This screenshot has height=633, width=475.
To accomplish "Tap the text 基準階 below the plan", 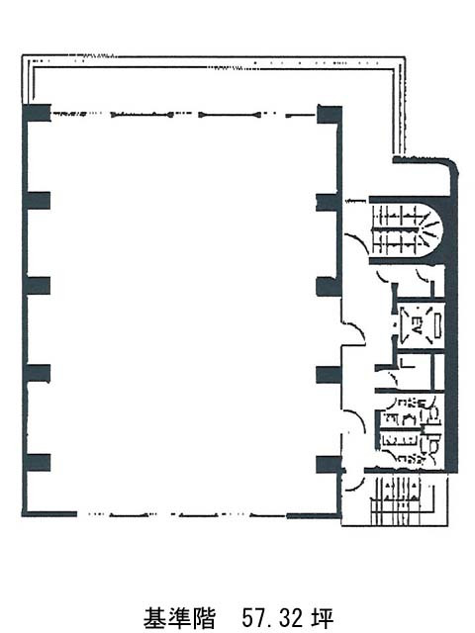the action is [179, 617].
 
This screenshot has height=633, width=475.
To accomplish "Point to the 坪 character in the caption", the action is [322, 617].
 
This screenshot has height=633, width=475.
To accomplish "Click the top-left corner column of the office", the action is [37, 112].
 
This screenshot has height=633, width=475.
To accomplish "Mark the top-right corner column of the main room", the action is [330, 115].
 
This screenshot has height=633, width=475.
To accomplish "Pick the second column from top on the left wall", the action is [38, 201].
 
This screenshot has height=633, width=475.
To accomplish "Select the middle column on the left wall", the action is [38, 286].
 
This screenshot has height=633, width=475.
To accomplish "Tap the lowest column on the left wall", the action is [38, 463].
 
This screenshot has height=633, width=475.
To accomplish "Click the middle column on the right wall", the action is [329, 287].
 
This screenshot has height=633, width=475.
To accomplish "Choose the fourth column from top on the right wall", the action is [329, 375].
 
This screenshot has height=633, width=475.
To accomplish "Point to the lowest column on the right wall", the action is [329, 464].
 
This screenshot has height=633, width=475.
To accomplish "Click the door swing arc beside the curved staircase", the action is [356, 243].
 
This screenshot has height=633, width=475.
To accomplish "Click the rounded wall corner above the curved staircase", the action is [452, 166].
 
